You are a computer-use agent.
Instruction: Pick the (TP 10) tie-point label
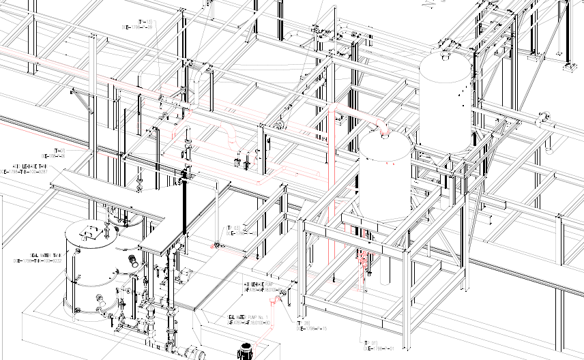(x=59, y=150)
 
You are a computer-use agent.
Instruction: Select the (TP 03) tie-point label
(x=233, y=227)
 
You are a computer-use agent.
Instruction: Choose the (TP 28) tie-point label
(x=304, y=323)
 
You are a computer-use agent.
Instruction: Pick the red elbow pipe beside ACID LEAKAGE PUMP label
(x=280, y=297)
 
